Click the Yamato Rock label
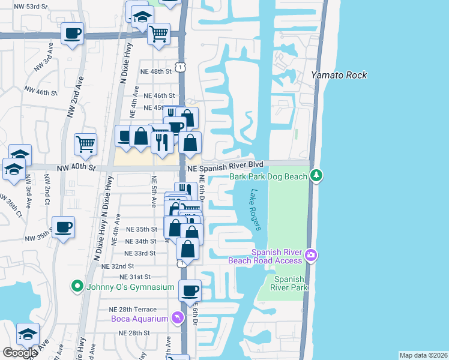[x=339, y=76]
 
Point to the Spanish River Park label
[x=291, y=283]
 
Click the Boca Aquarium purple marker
[x=178, y=317]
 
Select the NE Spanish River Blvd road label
[x=225, y=164]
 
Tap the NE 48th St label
[x=155, y=71]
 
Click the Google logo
[x=20, y=352]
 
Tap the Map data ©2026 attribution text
[x=423, y=355]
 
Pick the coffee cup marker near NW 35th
[x=63, y=227]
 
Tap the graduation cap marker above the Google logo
[x=27, y=334]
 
